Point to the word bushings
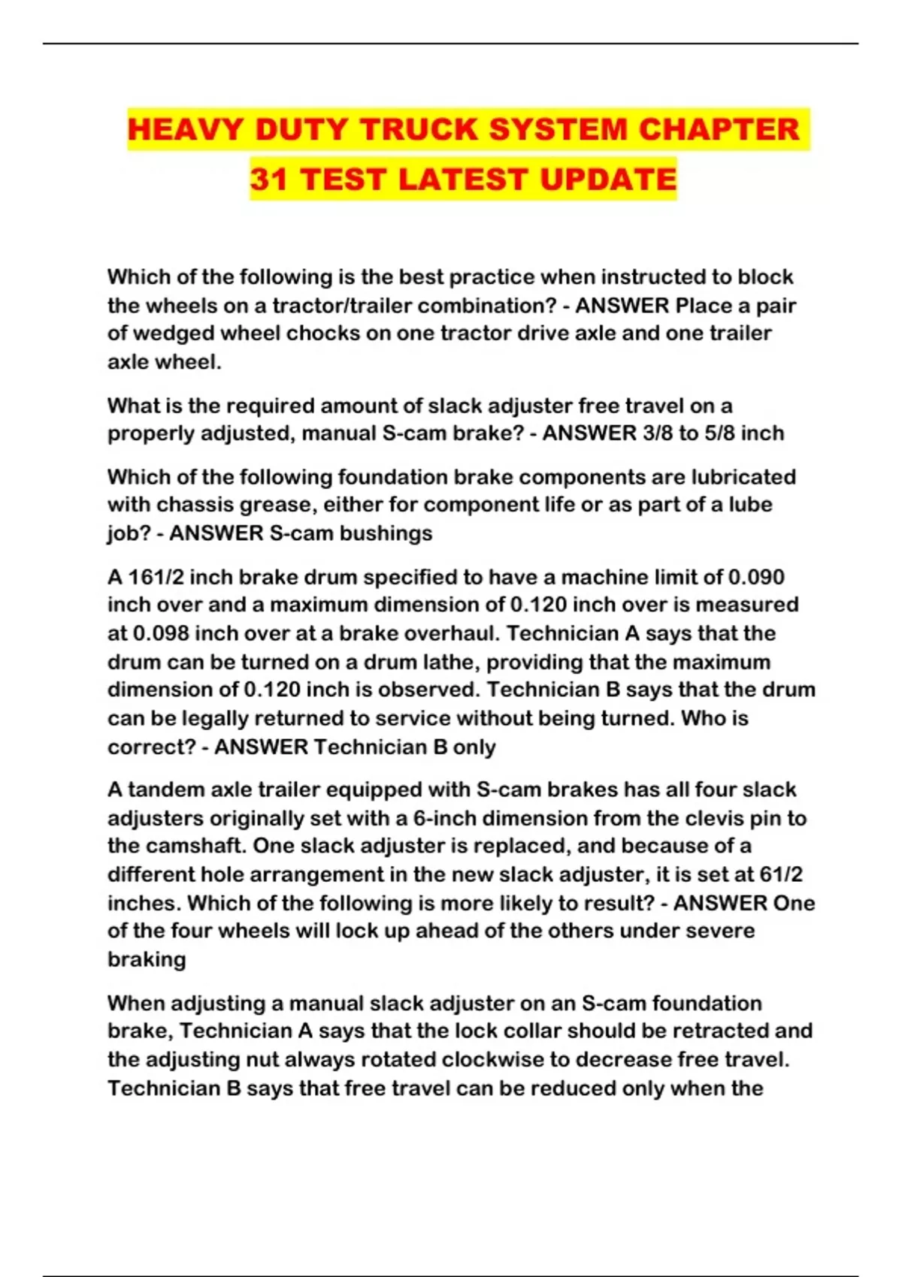pyautogui.click(x=386, y=533)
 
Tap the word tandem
pyautogui.click(x=165, y=789)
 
